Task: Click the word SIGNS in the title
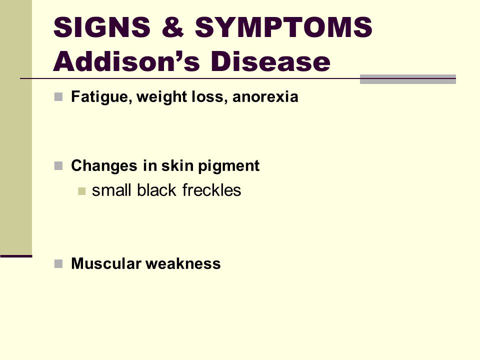click(102, 27)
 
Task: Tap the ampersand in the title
click(172, 27)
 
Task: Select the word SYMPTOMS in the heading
click(283, 27)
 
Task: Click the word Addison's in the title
click(126, 61)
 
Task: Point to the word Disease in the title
click(270, 61)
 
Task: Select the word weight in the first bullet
click(161, 97)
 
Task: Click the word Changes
click(104, 166)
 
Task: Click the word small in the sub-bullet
click(112, 190)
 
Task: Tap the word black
click(156, 190)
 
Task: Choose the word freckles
click(211, 190)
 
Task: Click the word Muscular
click(106, 263)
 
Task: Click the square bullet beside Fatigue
click(58, 97)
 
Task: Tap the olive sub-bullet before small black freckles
click(81, 191)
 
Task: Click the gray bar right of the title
click(408, 79)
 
